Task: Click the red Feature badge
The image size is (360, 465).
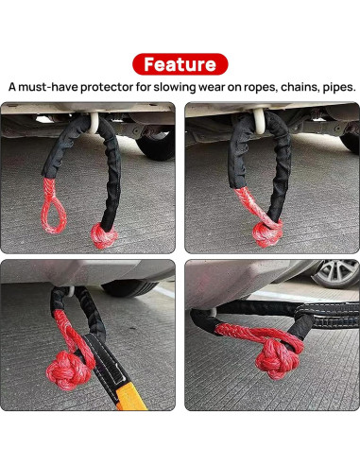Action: tap(180, 64)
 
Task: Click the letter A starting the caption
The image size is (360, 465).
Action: tap(12, 87)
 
